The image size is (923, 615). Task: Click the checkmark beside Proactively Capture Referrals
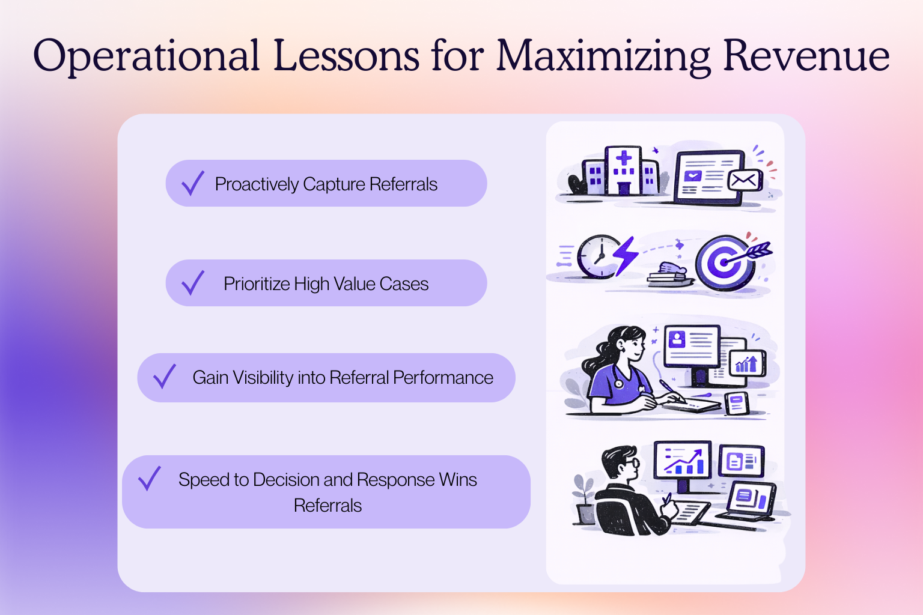click(193, 183)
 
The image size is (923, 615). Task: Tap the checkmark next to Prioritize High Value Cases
click(193, 283)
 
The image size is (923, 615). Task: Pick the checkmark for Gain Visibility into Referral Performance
click(165, 376)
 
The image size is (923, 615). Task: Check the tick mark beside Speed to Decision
click(149, 478)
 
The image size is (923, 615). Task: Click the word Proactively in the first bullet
click(257, 184)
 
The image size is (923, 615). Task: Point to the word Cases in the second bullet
click(404, 284)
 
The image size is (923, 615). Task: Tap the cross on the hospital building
click(624, 158)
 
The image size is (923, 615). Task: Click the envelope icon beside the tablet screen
click(745, 180)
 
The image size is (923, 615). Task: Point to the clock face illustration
click(599, 256)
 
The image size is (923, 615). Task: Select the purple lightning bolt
click(626, 256)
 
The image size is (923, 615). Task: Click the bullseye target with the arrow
click(726, 262)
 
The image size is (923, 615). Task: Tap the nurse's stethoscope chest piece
click(618, 384)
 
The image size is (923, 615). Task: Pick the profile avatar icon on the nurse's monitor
click(677, 339)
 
